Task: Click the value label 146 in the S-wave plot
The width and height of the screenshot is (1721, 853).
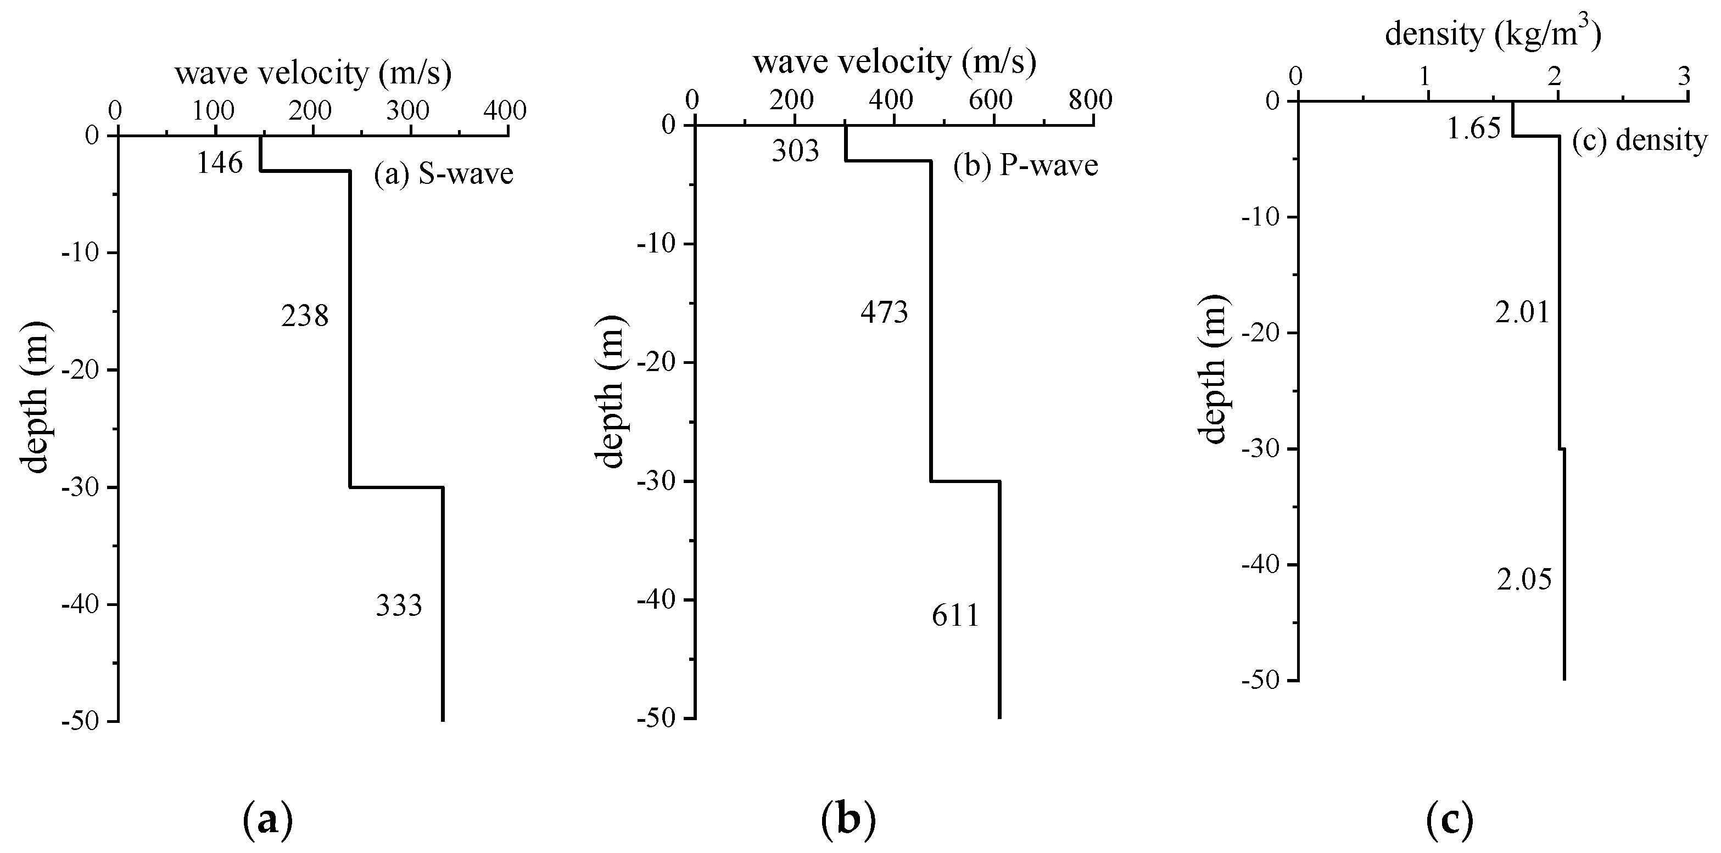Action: point(219,163)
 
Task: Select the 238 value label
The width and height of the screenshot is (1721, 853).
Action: point(305,316)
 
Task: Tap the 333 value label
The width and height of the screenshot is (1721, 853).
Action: point(399,606)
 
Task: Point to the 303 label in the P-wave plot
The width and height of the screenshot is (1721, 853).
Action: point(795,151)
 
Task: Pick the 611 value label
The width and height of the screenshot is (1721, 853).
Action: point(956,616)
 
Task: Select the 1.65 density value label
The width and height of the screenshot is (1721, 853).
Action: point(1474,128)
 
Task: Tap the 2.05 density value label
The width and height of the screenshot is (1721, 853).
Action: point(1524,580)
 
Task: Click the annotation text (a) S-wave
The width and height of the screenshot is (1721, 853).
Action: point(444,173)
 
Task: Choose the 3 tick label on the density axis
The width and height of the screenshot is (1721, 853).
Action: point(1684,76)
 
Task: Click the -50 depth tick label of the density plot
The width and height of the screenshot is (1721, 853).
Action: point(1260,681)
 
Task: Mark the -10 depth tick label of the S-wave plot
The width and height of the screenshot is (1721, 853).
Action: point(81,252)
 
